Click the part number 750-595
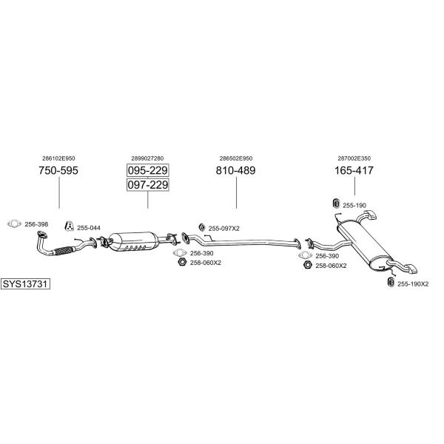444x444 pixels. click(x=58, y=170)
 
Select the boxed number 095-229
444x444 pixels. click(x=147, y=170)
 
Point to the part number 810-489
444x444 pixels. click(x=236, y=170)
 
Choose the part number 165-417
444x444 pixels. click(x=354, y=170)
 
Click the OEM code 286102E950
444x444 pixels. click(x=58, y=158)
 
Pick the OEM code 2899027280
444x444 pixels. click(x=147, y=158)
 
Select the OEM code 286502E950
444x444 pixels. click(x=236, y=158)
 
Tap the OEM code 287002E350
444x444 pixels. click(x=354, y=158)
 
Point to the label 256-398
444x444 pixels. click(x=36, y=224)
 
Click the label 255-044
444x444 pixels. click(x=89, y=228)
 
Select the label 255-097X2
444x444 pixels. click(x=224, y=228)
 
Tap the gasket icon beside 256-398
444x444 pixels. click(x=13, y=224)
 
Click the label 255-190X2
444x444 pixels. click(x=413, y=283)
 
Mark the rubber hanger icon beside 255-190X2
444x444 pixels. click(x=390, y=282)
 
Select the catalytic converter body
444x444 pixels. click(x=136, y=241)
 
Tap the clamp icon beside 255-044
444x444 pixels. click(x=69, y=226)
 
